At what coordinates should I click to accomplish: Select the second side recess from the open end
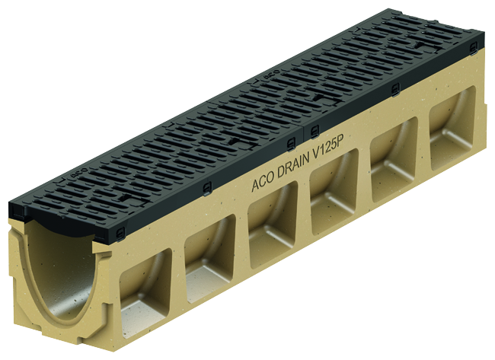coord(209,258)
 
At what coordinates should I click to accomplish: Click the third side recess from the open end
coord(273,225)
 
